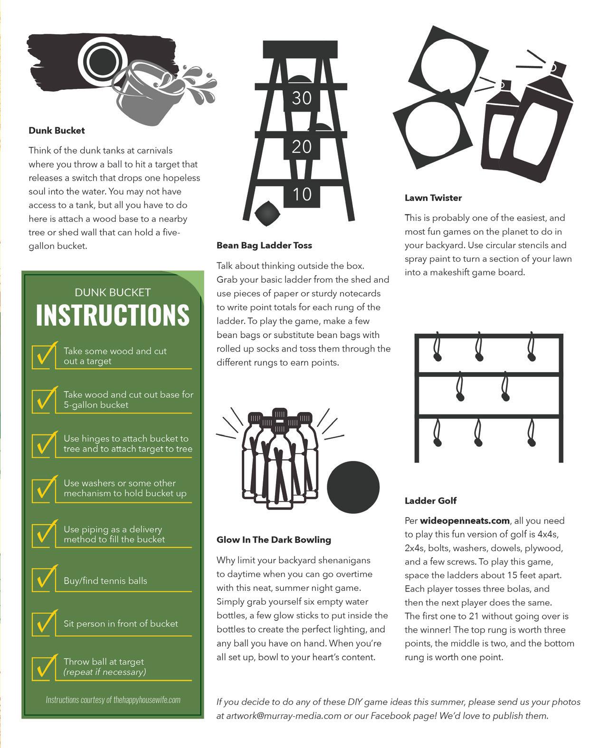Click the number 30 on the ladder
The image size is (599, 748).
click(x=302, y=98)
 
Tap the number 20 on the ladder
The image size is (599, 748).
click(x=302, y=147)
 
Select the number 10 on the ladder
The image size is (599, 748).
click(x=302, y=194)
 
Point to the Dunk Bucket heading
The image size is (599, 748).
click(x=57, y=130)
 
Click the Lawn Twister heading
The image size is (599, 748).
click(x=433, y=198)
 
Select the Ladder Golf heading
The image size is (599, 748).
click(x=430, y=500)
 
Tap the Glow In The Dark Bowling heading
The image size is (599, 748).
click(x=274, y=539)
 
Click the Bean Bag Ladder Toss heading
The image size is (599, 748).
click(x=264, y=245)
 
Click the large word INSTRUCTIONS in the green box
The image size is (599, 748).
click(x=113, y=315)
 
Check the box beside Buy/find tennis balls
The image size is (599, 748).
click(x=44, y=579)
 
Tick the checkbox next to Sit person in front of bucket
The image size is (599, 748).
click(x=44, y=623)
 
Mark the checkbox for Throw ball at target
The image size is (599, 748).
click(x=44, y=667)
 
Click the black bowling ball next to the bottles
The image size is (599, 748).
click(x=353, y=487)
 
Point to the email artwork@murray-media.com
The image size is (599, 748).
click(x=284, y=716)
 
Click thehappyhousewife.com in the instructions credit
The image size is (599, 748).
click(x=147, y=700)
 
